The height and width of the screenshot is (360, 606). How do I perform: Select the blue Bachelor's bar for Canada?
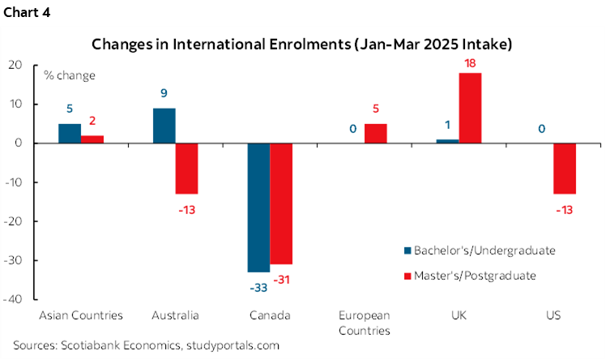click(x=258, y=207)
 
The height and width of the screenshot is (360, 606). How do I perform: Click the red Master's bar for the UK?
click(x=471, y=107)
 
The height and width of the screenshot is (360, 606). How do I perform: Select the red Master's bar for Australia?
click(x=187, y=169)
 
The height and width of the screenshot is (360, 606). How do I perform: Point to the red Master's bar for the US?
click(x=565, y=169)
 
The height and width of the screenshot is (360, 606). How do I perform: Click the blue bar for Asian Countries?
click(x=70, y=133)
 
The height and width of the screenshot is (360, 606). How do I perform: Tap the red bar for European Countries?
click(x=376, y=133)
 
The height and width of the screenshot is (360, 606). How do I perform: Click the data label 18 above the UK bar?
click(x=471, y=62)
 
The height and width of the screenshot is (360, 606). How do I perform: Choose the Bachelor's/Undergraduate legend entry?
click(x=478, y=250)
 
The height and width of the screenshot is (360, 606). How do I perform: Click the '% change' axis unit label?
click(x=69, y=76)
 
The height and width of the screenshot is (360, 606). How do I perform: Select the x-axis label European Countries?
click(x=376, y=323)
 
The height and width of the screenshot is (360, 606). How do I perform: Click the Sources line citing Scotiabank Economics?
click(x=146, y=345)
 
